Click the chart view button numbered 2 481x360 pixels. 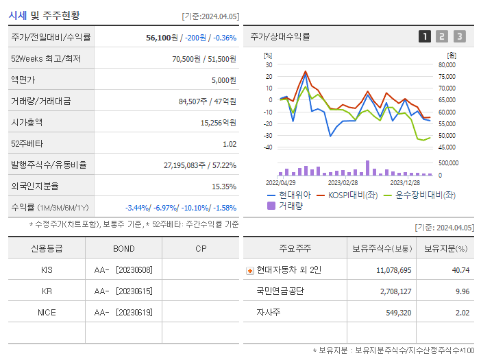coord(442,36)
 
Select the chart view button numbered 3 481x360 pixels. coord(459,36)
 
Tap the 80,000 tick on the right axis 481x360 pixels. coord(446,65)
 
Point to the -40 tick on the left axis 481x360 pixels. coord(268,147)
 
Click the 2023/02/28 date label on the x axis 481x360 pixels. coord(343,183)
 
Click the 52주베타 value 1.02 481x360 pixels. coord(230,144)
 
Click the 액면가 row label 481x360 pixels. coord(23,80)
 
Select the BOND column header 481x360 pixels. coord(124,248)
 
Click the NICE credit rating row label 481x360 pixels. coord(47,313)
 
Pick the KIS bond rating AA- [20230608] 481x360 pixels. coord(124,270)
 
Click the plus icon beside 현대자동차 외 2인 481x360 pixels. coord(249,270)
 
